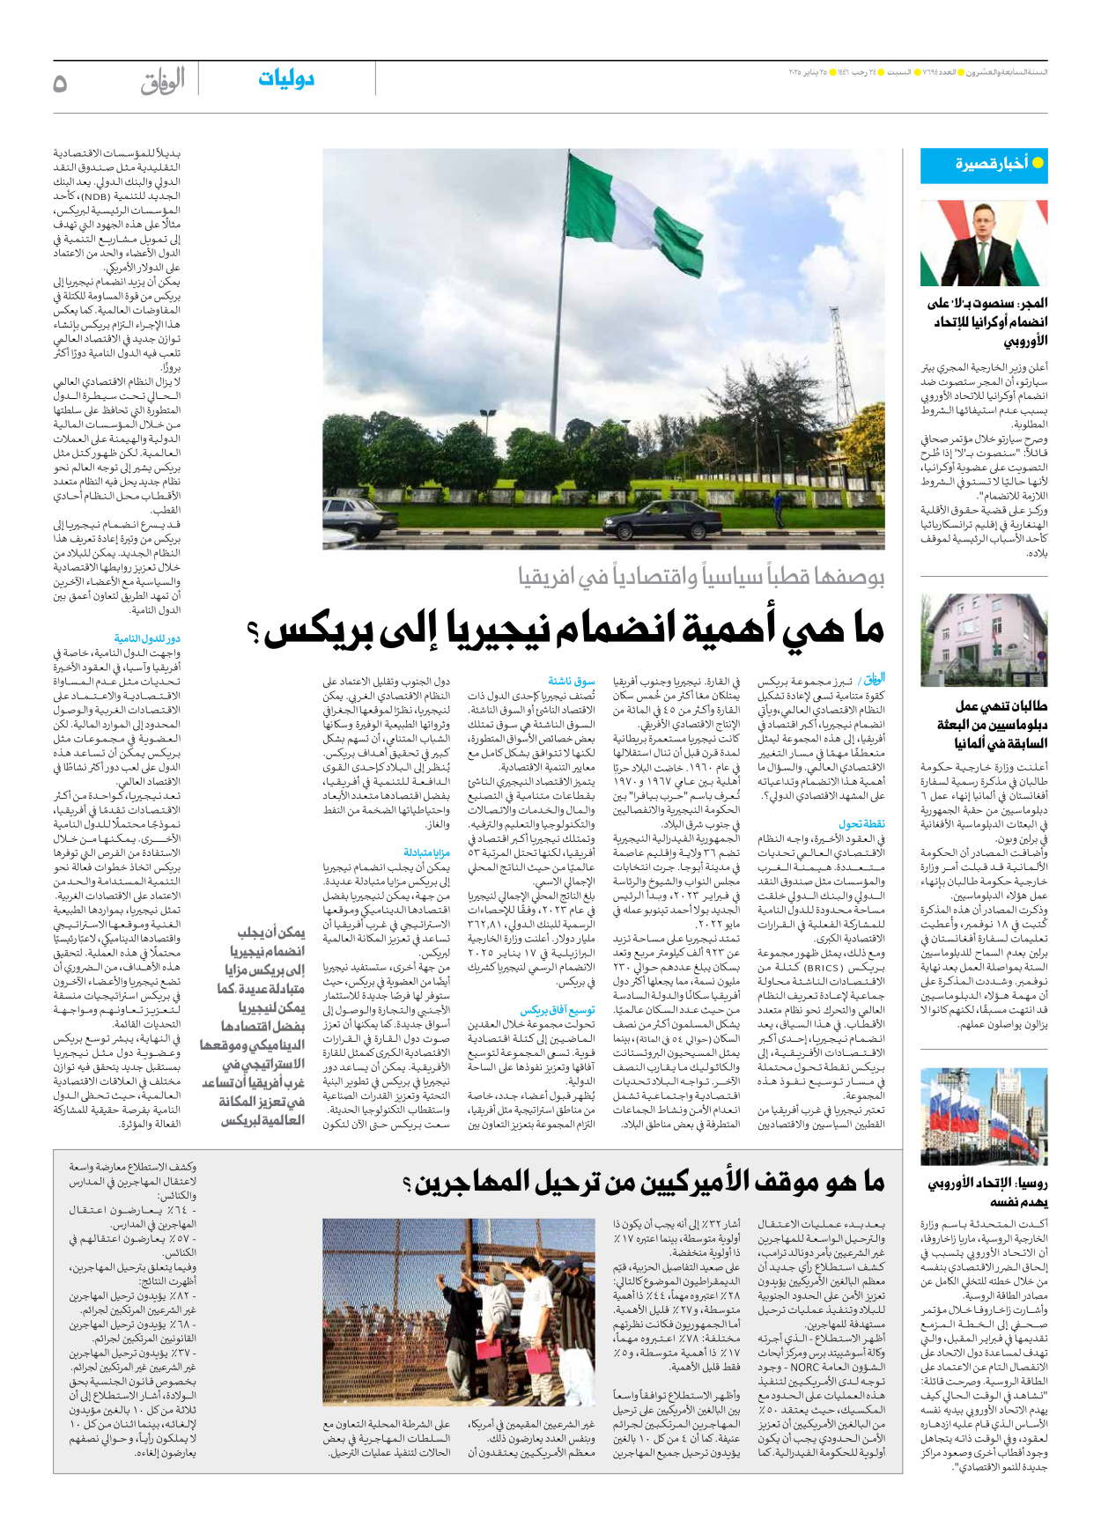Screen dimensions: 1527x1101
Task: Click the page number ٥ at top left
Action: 60,84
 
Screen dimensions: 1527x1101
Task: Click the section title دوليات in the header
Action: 286,79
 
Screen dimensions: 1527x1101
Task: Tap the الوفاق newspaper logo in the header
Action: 162,81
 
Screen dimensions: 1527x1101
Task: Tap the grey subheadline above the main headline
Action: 701,577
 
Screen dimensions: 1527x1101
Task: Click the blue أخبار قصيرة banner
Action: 984,165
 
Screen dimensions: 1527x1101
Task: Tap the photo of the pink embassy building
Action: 984,640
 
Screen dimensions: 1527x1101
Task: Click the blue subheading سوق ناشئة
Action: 572,681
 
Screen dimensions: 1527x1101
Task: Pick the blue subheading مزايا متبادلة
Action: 426,852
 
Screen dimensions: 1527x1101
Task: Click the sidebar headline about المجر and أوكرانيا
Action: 987,321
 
